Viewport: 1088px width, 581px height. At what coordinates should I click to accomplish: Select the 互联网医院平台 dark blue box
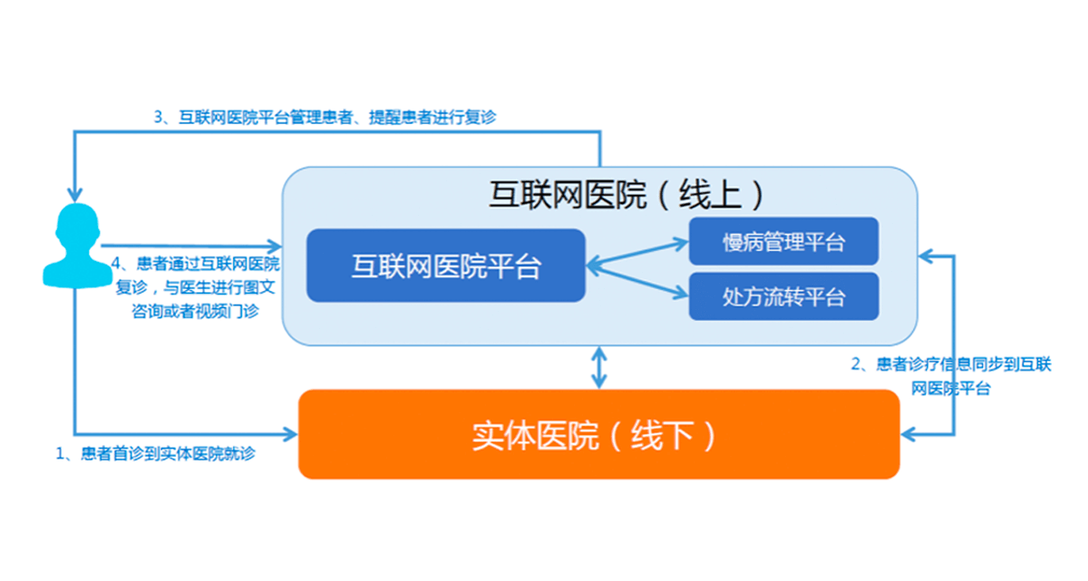445,266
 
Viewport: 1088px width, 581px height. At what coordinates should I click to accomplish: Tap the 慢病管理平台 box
783,242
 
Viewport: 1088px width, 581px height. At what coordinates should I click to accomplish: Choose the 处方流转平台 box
783,296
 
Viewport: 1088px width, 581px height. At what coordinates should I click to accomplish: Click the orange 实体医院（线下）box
598,435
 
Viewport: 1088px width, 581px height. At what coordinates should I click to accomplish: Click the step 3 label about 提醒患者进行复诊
324,117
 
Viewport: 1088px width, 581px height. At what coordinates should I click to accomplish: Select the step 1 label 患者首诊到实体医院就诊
156,454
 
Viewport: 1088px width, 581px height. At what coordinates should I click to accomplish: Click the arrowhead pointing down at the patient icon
75,194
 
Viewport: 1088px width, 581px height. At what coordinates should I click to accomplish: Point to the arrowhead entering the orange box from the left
291,434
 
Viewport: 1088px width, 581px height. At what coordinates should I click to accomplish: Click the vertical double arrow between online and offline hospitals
598,367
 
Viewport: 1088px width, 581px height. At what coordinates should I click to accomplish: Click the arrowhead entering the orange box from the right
908,436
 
